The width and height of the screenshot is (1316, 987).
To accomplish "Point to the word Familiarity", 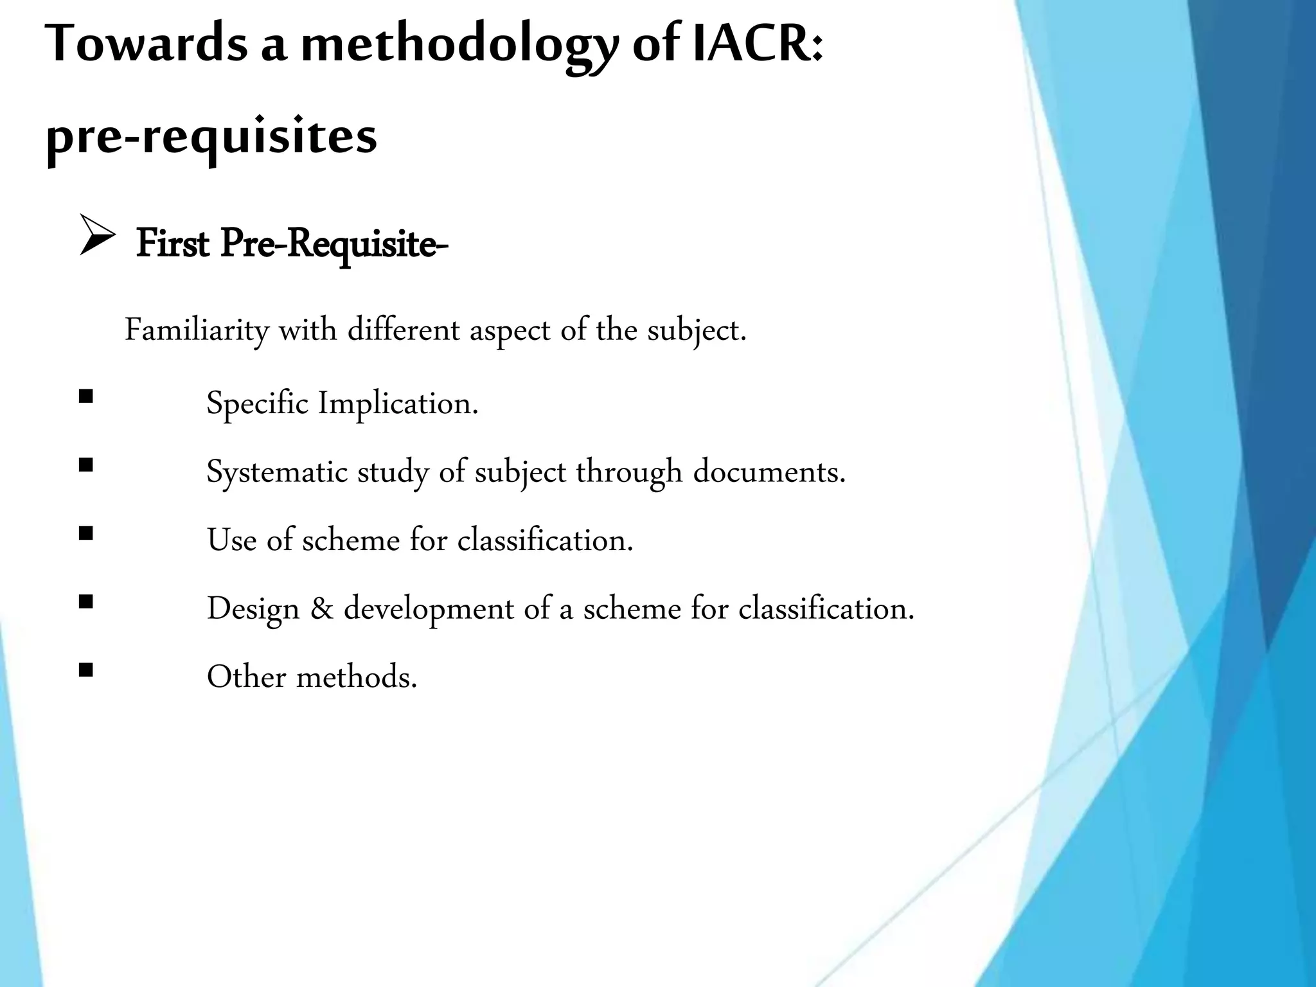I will click(x=197, y=331).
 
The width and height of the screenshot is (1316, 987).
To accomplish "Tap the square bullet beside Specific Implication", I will click(x=85, y=396).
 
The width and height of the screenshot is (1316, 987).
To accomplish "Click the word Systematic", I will click(x=277, y=472).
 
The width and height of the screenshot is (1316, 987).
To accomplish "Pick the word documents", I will click(x=769, y=472).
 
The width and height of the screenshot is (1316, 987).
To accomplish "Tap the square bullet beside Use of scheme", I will click(x=85, y=533).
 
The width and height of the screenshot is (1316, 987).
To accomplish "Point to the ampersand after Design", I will click(x=321, y=609).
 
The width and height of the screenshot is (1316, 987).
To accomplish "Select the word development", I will click(x=429, y=609).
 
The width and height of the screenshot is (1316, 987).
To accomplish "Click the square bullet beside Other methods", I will click(x=85, y=671).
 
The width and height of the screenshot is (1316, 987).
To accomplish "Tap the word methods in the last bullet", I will click(x=356, y=677).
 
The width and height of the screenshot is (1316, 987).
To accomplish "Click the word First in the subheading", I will click(x=172, y=244).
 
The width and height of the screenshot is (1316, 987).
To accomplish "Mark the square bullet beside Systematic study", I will click(x=85, y=465).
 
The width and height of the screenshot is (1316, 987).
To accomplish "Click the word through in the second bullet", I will click(x=628, y=472).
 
